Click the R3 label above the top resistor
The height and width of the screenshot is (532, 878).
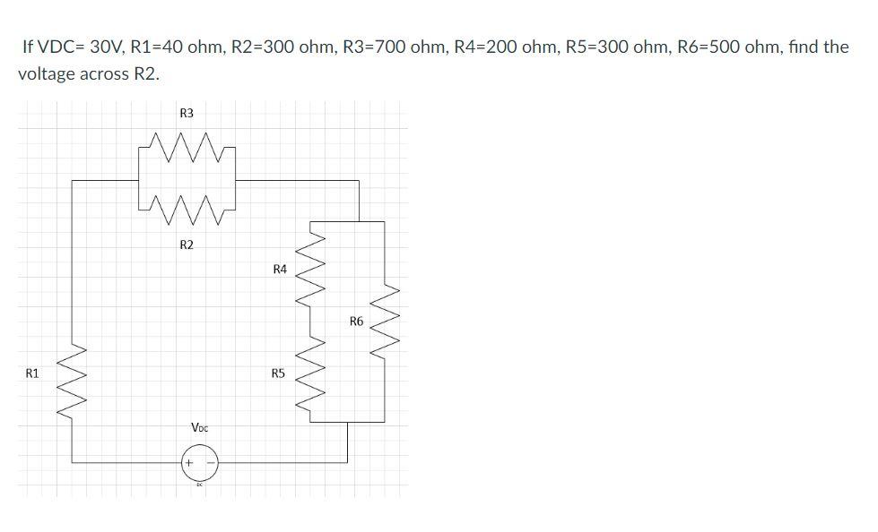pos(187,114)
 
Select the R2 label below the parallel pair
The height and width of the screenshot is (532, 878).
pos(187,245)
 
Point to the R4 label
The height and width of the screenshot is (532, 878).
pos(279,269)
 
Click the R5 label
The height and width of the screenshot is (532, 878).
pos(278,373)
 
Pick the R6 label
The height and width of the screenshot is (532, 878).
pos(356,321)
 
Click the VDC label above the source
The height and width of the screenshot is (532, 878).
pos(200,428)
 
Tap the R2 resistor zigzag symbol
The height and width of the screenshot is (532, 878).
pos(187,211)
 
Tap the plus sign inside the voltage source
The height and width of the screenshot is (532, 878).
pos(189,463)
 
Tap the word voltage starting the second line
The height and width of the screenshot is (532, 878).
pos(45,74)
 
